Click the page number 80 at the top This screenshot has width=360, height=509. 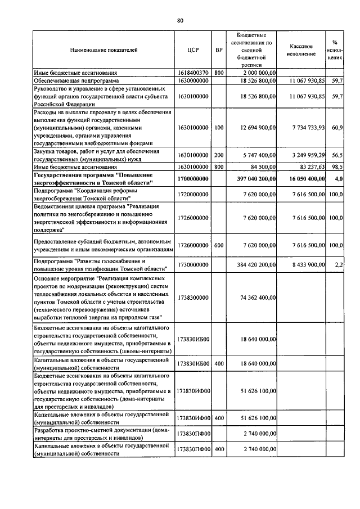click(180, 21)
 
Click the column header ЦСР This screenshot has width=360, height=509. click(193, 50)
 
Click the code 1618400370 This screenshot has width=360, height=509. click(193, 73)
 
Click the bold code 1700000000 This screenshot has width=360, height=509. click(193, 179)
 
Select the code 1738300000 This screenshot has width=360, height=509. click(193, 298)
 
